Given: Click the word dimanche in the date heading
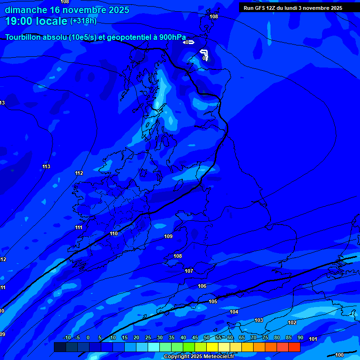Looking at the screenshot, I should (x=26, y=10).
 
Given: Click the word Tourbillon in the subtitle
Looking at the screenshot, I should (x=23, y=37).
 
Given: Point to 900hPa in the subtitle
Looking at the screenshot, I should (x=172, y=37).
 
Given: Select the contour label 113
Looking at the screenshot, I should (x=46, y=166).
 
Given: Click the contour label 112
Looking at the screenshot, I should (x=79, y=173).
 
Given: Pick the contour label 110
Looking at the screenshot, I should (x=114, y=233).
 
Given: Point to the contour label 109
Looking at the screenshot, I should (x=169, y=236).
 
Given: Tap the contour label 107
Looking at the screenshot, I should (x=189, y=271).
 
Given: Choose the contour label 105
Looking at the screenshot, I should (x=213, y=301).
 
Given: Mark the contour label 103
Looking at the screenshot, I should (x=259, y=320).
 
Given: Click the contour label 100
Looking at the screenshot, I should (x=339, y=355).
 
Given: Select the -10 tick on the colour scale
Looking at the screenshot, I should (x=67, y=338).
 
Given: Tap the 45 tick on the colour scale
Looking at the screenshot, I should (x=195, y=338).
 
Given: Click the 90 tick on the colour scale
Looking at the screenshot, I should (x=300, y=338).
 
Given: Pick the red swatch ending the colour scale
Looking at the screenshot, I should (x=294, y=347).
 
